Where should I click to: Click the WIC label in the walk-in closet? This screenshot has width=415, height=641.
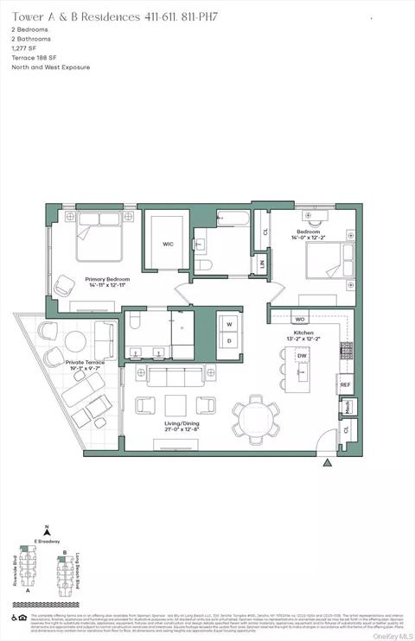point(168,244)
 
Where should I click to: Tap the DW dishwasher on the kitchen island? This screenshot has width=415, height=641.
point(303,356)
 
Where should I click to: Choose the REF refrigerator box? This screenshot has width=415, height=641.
point(345,384)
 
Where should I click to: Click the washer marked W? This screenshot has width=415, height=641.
point(230,324)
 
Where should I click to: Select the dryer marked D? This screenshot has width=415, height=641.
point(230,340)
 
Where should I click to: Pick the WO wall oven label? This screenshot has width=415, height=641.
point(300,319)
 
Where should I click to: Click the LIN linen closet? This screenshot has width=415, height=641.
point(261,264)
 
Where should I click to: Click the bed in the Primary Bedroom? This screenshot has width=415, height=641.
point(99,236)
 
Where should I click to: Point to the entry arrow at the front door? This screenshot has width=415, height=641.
point(326,464)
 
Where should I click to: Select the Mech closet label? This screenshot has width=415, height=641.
point(346,407)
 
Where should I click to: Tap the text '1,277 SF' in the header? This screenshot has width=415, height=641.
point(26,48)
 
